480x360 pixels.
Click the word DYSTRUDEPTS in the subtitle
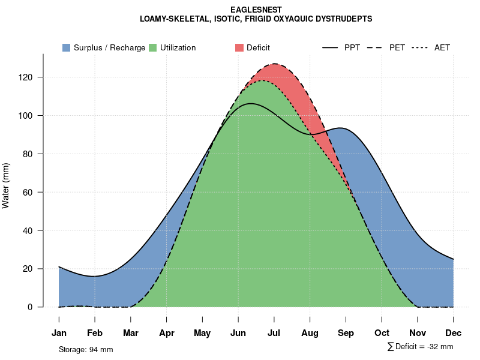tap(347, 19)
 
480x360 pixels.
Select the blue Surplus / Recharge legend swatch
tap(67, 47)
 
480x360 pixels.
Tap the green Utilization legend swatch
tap(153, 47)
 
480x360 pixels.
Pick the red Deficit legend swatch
tap(239, 47)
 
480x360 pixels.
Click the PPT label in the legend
tap(352, 47)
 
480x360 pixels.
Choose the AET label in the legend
tap(442, 47)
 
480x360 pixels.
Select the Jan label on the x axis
tap(59, 333)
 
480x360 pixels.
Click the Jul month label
tap(274, 333)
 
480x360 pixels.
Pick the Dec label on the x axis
tap(454, 333)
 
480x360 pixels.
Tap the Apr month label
tap(167, 333)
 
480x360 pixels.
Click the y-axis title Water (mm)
tap(6, 186)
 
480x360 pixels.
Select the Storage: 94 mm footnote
tap(86, 349)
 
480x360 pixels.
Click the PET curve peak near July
tap(275, 64)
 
